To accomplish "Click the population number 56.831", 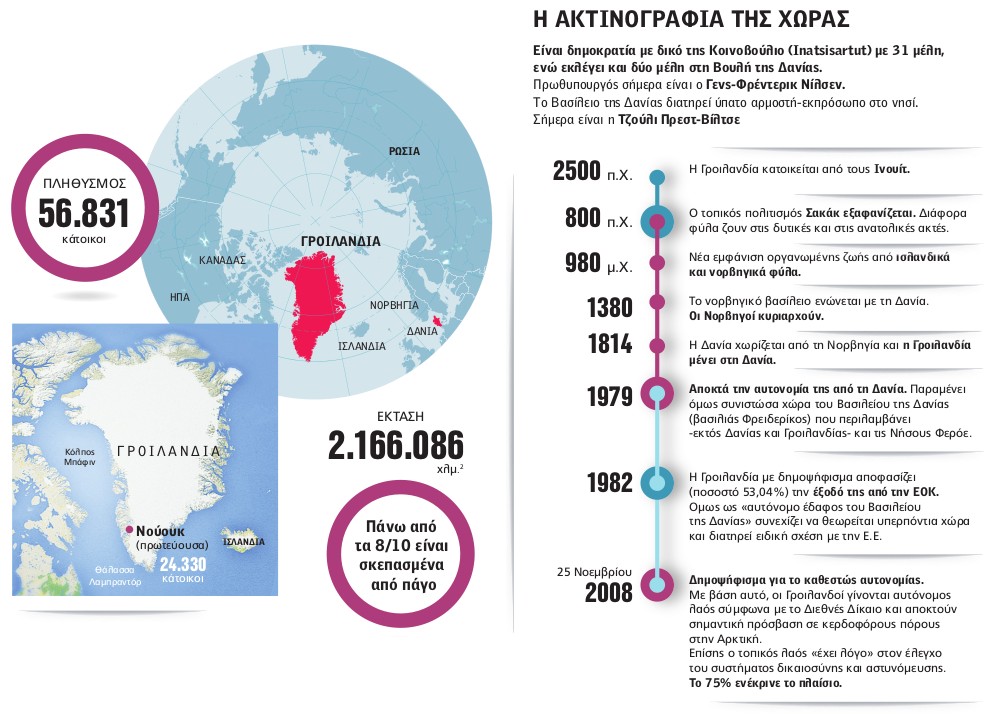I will pos(84,213).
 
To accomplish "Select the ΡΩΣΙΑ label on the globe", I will pos(404,151).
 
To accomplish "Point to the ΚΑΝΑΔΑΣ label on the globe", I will pos(222,259).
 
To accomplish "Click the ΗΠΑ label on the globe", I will pos(180,297).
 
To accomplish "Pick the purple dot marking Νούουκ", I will pos(128,530).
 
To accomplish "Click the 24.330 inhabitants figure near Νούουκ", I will pos(183,564).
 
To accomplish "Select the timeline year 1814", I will pos(611,344).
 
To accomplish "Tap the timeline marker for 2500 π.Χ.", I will pos(656,177).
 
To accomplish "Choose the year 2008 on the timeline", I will pos(609,592).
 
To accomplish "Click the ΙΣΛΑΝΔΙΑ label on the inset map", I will pos(244,541).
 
